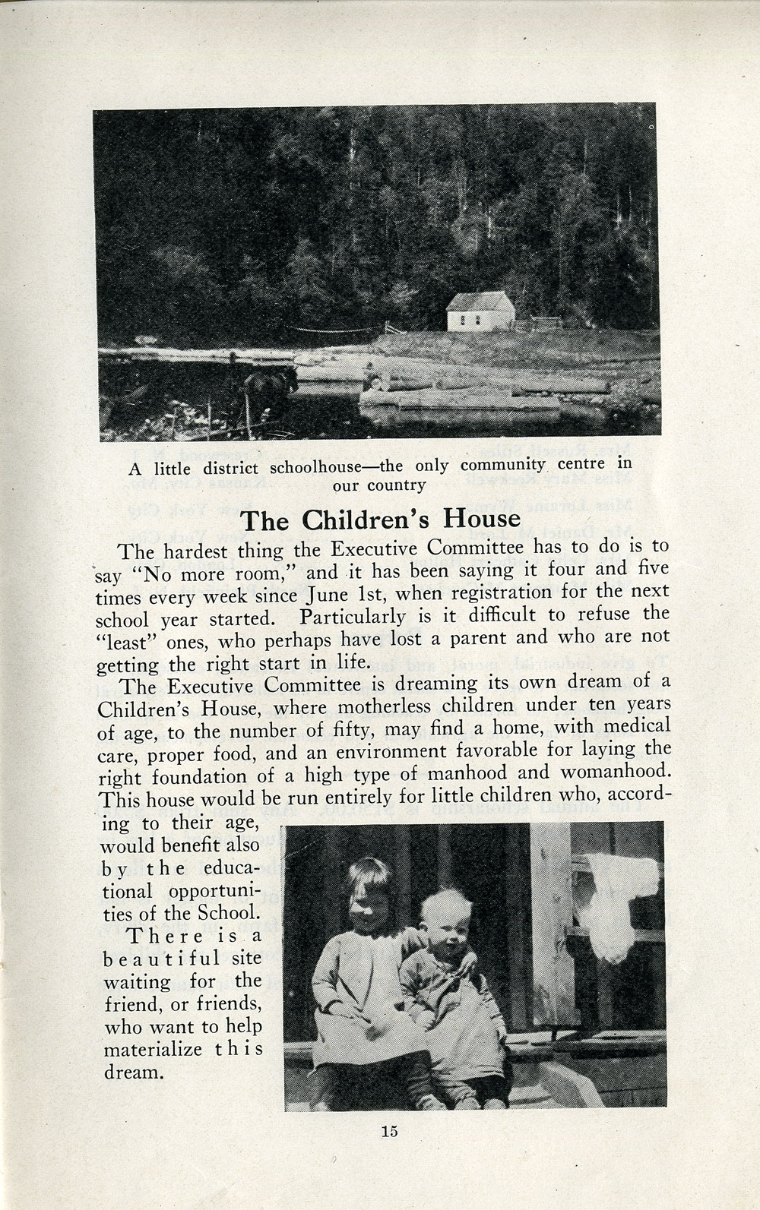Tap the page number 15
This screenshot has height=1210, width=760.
[x=389, y=1131]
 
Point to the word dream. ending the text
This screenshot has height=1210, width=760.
[x=134, y=1073]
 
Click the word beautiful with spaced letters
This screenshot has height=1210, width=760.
[x=161, y=959]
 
